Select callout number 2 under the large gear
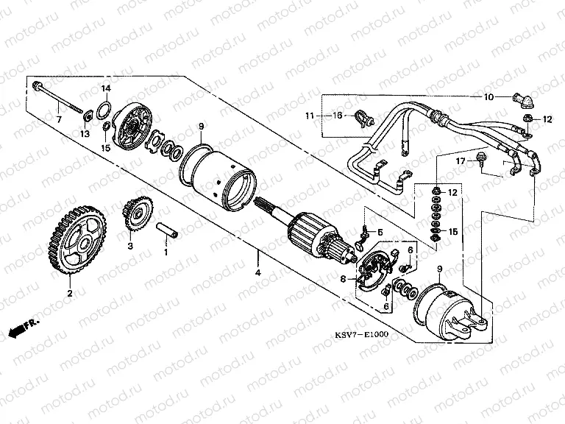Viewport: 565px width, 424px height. (70, 293)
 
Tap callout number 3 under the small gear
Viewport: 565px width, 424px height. (129, 246)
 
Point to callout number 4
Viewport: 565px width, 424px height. (258, 272)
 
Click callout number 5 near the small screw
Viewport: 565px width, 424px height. (380, 233)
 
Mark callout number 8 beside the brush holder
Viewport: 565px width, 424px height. (343, 279)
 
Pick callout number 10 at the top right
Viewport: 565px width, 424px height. (488, 98)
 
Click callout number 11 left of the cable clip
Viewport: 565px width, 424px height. (310, 116)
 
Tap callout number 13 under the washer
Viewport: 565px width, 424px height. (84, 134)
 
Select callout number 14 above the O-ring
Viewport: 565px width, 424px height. (106, 88)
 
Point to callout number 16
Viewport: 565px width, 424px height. (338, 116)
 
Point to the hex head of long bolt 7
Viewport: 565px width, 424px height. (37, 88)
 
